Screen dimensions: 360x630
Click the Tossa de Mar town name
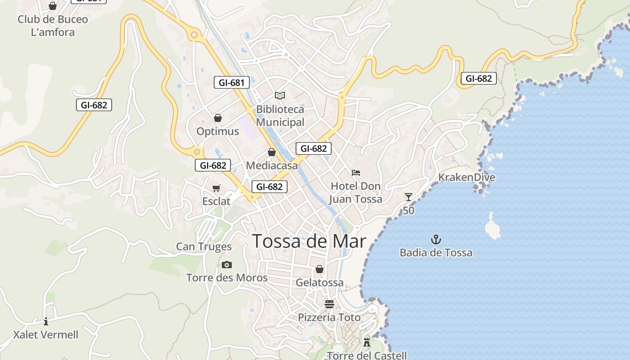tap(309, 242)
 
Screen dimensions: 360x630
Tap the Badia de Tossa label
tap(436, 252)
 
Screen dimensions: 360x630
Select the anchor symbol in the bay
tap(436, 239)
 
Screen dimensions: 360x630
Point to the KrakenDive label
tap(467, 177)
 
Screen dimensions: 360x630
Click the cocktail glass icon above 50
tap(408, 197)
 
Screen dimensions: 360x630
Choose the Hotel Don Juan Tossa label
tap(355, 193)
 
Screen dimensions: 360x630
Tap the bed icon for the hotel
tap(356, 173)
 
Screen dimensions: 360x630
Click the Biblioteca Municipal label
tap(280, 116)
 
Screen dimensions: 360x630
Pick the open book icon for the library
tap(280, 95)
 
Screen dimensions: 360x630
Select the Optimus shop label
tap(218, 132)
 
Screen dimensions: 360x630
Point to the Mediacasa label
tap(272, 166)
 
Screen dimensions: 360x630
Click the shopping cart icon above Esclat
tap(216, 188)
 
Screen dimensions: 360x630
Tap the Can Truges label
tap(204, 247)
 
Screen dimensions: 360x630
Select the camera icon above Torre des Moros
tap(227, 265)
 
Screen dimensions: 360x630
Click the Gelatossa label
tap(319, 283)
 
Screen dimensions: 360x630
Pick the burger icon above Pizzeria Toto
tap(329, 304)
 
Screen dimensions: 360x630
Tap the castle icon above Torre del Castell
tap(367, 342)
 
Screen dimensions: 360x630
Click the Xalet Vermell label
tap(46, 335)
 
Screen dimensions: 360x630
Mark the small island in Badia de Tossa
tap(493, 228)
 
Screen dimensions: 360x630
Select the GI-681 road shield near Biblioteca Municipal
tap(231, 82)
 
